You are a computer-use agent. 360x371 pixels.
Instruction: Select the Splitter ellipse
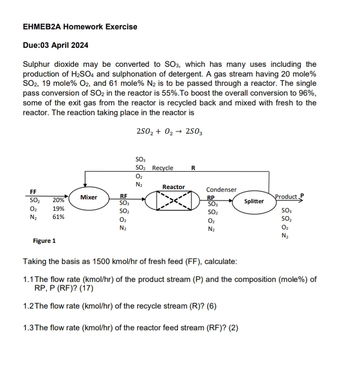coord(254,202)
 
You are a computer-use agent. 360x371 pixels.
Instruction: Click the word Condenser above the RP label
coord(221,190)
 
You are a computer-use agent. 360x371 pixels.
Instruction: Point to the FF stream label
coord(33,192)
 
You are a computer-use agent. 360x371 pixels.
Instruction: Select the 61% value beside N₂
coord(58,217)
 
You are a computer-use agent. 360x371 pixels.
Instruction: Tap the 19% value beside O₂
coord(58,209)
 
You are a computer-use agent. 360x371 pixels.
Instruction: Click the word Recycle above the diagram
coord(163,168)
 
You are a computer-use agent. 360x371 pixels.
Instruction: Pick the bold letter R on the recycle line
coord(194,168)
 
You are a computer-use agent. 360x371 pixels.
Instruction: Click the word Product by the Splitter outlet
coord(287,197)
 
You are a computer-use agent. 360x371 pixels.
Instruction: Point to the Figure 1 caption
coord(45,241)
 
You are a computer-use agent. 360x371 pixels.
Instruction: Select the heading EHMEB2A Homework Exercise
coord(80,27)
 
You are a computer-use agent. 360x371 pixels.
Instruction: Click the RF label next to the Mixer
coord(124,197)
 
